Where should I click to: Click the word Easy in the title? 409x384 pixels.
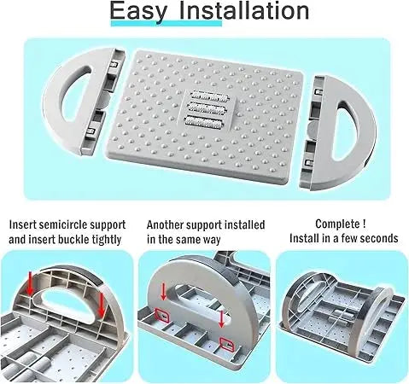point(138,11)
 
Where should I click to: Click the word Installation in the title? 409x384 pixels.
point(244,10)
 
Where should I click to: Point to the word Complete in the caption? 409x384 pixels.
point(336,224)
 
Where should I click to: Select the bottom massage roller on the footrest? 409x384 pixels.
point(204,123)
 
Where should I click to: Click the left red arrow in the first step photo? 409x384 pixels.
point(29,283)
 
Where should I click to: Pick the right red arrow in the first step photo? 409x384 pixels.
point(101,305)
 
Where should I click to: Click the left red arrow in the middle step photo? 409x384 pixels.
point(163,292)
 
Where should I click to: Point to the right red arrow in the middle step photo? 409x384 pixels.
point(221,319)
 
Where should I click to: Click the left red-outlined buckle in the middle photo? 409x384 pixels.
point(161,315)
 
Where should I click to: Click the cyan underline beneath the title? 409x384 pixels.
point(167,23)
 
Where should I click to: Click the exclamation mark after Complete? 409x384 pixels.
point(364,224)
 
